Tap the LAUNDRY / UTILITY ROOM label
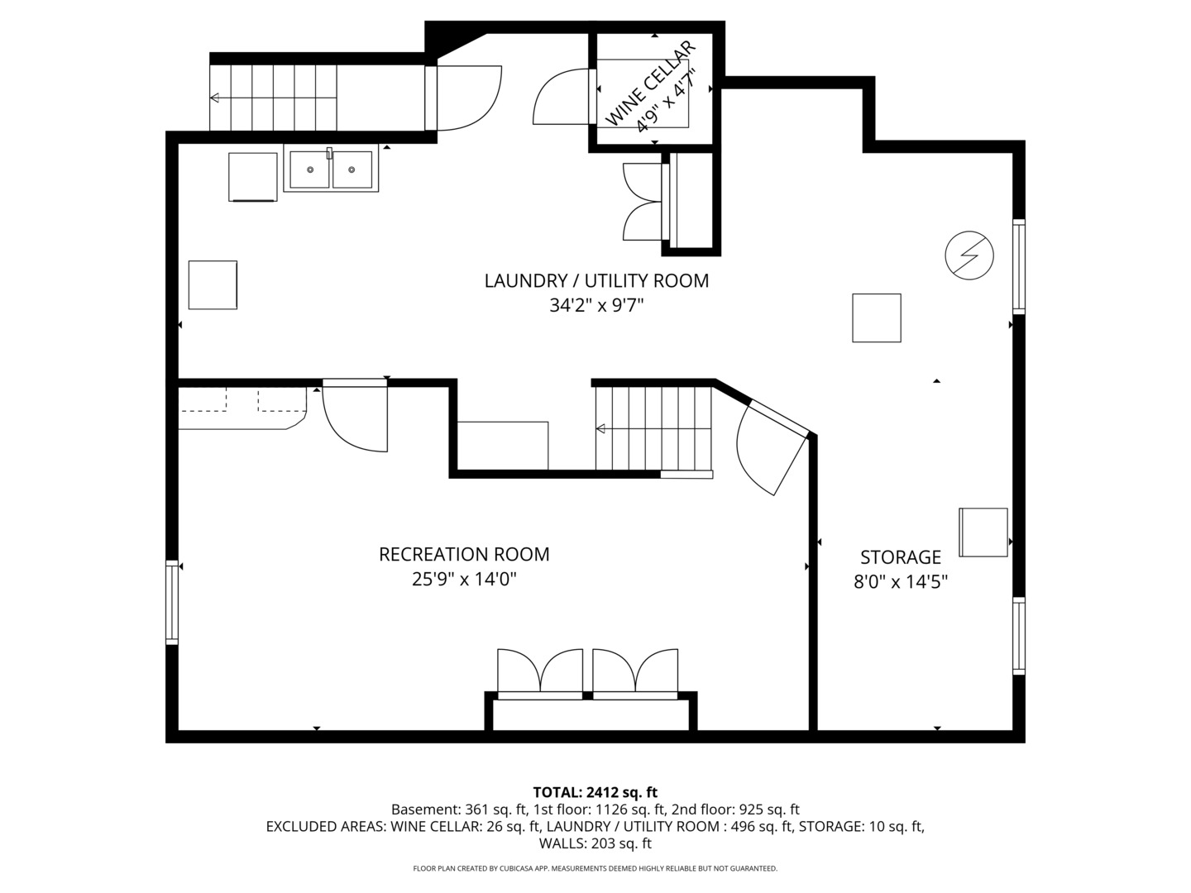point(596,281)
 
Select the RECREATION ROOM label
point(464,555)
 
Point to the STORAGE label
point(901,557)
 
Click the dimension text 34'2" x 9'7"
point(596,306)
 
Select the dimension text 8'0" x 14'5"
point(901,582)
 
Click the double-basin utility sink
point(331,170)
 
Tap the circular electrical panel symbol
point(969,255)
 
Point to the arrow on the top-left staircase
point(215,98)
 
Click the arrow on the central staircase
point(601,428)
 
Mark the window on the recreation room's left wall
point(172,602)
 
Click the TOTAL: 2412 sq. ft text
point(595,793)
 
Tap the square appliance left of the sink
point(252,176)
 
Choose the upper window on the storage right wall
point(1019,266)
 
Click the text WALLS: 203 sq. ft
point(595,844)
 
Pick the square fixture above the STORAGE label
point(877,318)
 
